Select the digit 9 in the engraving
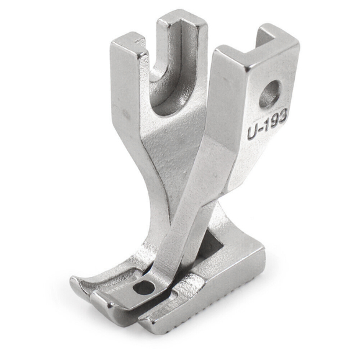(273, 120)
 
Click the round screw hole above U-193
(271, 94)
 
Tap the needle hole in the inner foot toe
(144, 288)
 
